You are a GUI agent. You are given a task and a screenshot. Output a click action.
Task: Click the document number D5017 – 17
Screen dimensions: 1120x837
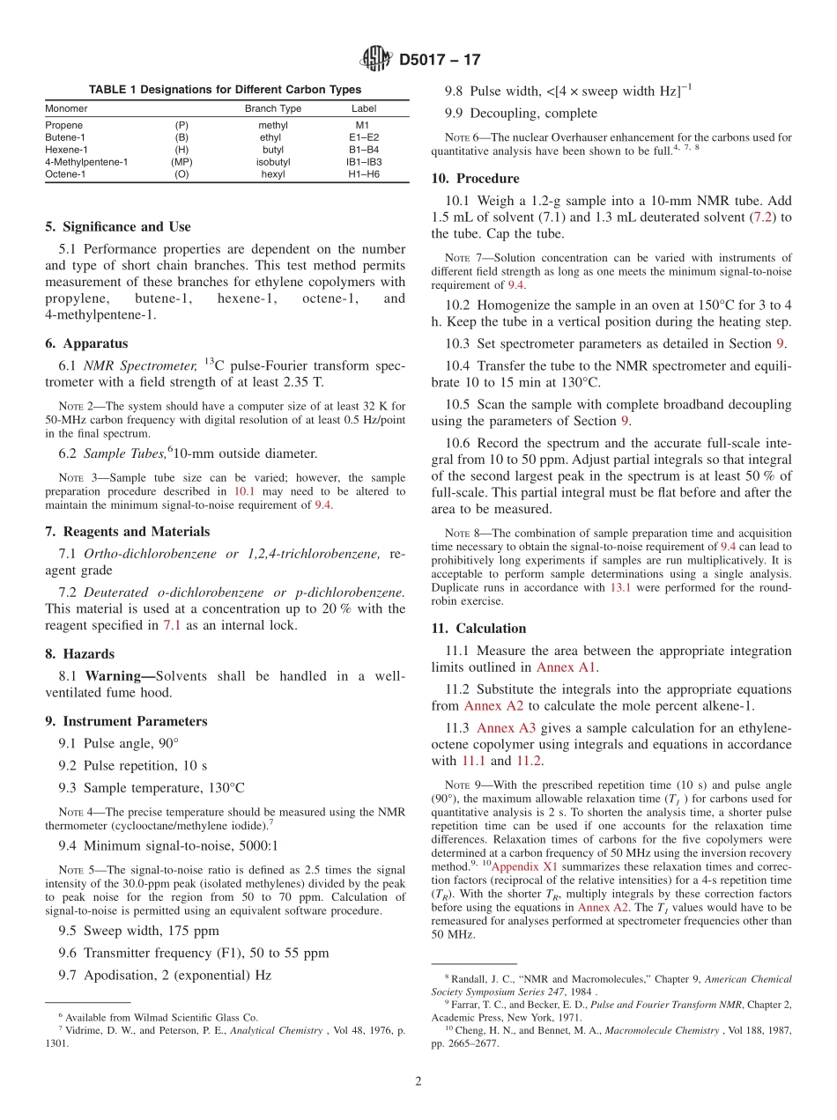(440, 61)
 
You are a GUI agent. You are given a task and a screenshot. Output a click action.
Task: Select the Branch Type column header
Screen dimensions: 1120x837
(272, 108)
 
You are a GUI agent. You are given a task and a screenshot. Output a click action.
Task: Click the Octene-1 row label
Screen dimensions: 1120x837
(64, 174)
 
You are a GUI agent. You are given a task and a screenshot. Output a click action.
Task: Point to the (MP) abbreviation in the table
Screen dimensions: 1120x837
(181, 162)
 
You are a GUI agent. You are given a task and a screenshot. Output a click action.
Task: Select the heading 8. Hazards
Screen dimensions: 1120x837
(79, 654)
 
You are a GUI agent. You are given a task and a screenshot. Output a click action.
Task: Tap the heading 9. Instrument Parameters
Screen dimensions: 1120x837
(126, 721)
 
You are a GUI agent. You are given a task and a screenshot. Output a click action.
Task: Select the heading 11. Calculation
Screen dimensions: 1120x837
(478, 628)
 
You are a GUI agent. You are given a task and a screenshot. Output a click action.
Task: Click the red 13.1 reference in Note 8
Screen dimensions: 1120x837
(621, 587)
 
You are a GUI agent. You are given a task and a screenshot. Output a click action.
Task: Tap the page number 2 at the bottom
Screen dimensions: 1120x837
(418, 1081)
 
